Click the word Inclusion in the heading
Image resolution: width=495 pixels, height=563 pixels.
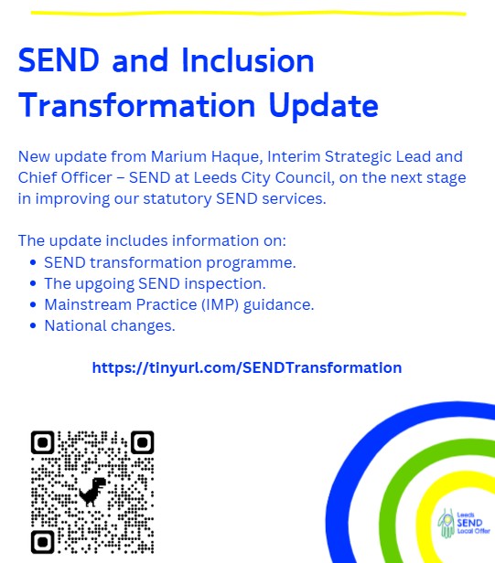[248, 61]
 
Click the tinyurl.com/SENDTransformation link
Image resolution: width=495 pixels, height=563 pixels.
[246, 367]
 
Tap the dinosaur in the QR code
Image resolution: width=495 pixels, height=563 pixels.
[91, 492]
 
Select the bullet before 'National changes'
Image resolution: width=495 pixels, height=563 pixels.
[33, 325]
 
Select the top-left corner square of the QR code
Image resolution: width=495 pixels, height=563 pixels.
[43, 443]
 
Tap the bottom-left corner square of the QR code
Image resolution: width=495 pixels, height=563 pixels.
[43, 541]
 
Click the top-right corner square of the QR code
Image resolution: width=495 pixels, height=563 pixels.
[141, 443]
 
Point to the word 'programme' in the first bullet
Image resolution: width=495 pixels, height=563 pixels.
[255, 262]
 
